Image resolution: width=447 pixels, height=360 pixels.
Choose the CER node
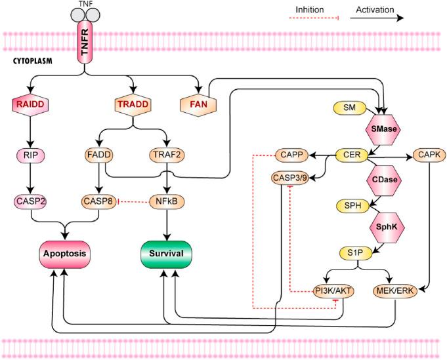coord(349,155)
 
